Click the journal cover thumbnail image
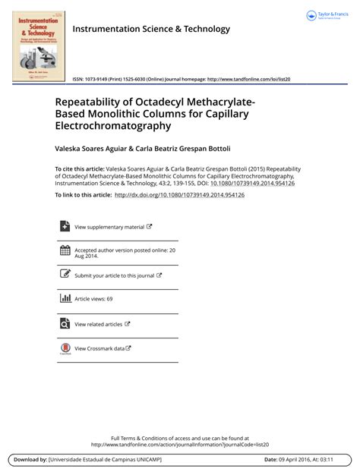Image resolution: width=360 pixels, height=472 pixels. pos(38,46)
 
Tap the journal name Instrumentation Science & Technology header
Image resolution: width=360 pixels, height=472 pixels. pos(150,29)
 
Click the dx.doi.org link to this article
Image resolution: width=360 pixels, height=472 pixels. pos(179,195)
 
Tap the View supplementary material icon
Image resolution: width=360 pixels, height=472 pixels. pos(65,226)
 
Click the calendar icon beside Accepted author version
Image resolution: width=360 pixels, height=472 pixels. pos(65,250)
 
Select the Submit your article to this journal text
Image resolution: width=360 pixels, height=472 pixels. pos(114,275)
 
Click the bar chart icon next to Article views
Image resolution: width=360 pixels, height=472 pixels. pos(65,298)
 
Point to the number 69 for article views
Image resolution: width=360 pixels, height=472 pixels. pos(109,299)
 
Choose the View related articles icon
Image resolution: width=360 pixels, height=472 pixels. pos(65,323)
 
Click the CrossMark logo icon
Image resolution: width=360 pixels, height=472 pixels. pos(65,348)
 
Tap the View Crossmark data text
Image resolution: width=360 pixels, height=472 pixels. pos(99,348)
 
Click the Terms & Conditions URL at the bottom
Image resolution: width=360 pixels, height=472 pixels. pos(180,445)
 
